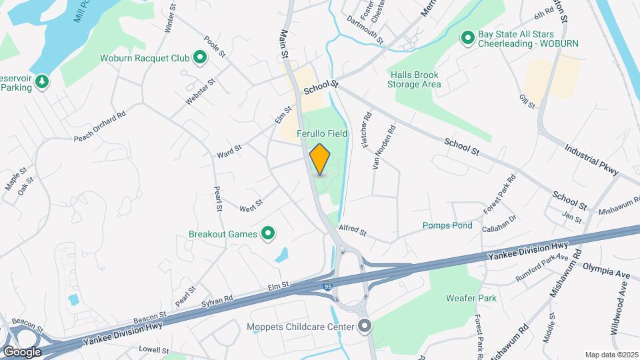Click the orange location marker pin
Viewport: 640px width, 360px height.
click(x=320, y=159)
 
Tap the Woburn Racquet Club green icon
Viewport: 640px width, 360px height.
click(x=199, y=58)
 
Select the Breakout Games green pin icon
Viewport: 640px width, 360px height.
click(x=268, y=233)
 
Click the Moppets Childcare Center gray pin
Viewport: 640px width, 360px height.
click(x=364, y=326)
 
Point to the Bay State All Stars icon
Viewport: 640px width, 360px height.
click(x=469, y=37)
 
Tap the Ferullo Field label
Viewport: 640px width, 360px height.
click(x=323, y=134)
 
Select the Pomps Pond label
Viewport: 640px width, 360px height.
click(x=447, y=225)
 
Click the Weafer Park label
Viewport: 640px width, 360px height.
click(x=471, y=299)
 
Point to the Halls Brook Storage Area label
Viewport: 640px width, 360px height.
click(x=414, y=79)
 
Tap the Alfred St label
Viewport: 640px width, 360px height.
click(x=353, y=231)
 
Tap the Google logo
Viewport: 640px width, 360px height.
click(x=22, y=351)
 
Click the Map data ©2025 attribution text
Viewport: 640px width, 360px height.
click(x=611, y=355)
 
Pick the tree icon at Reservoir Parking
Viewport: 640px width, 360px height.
click(x=42, y=81)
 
